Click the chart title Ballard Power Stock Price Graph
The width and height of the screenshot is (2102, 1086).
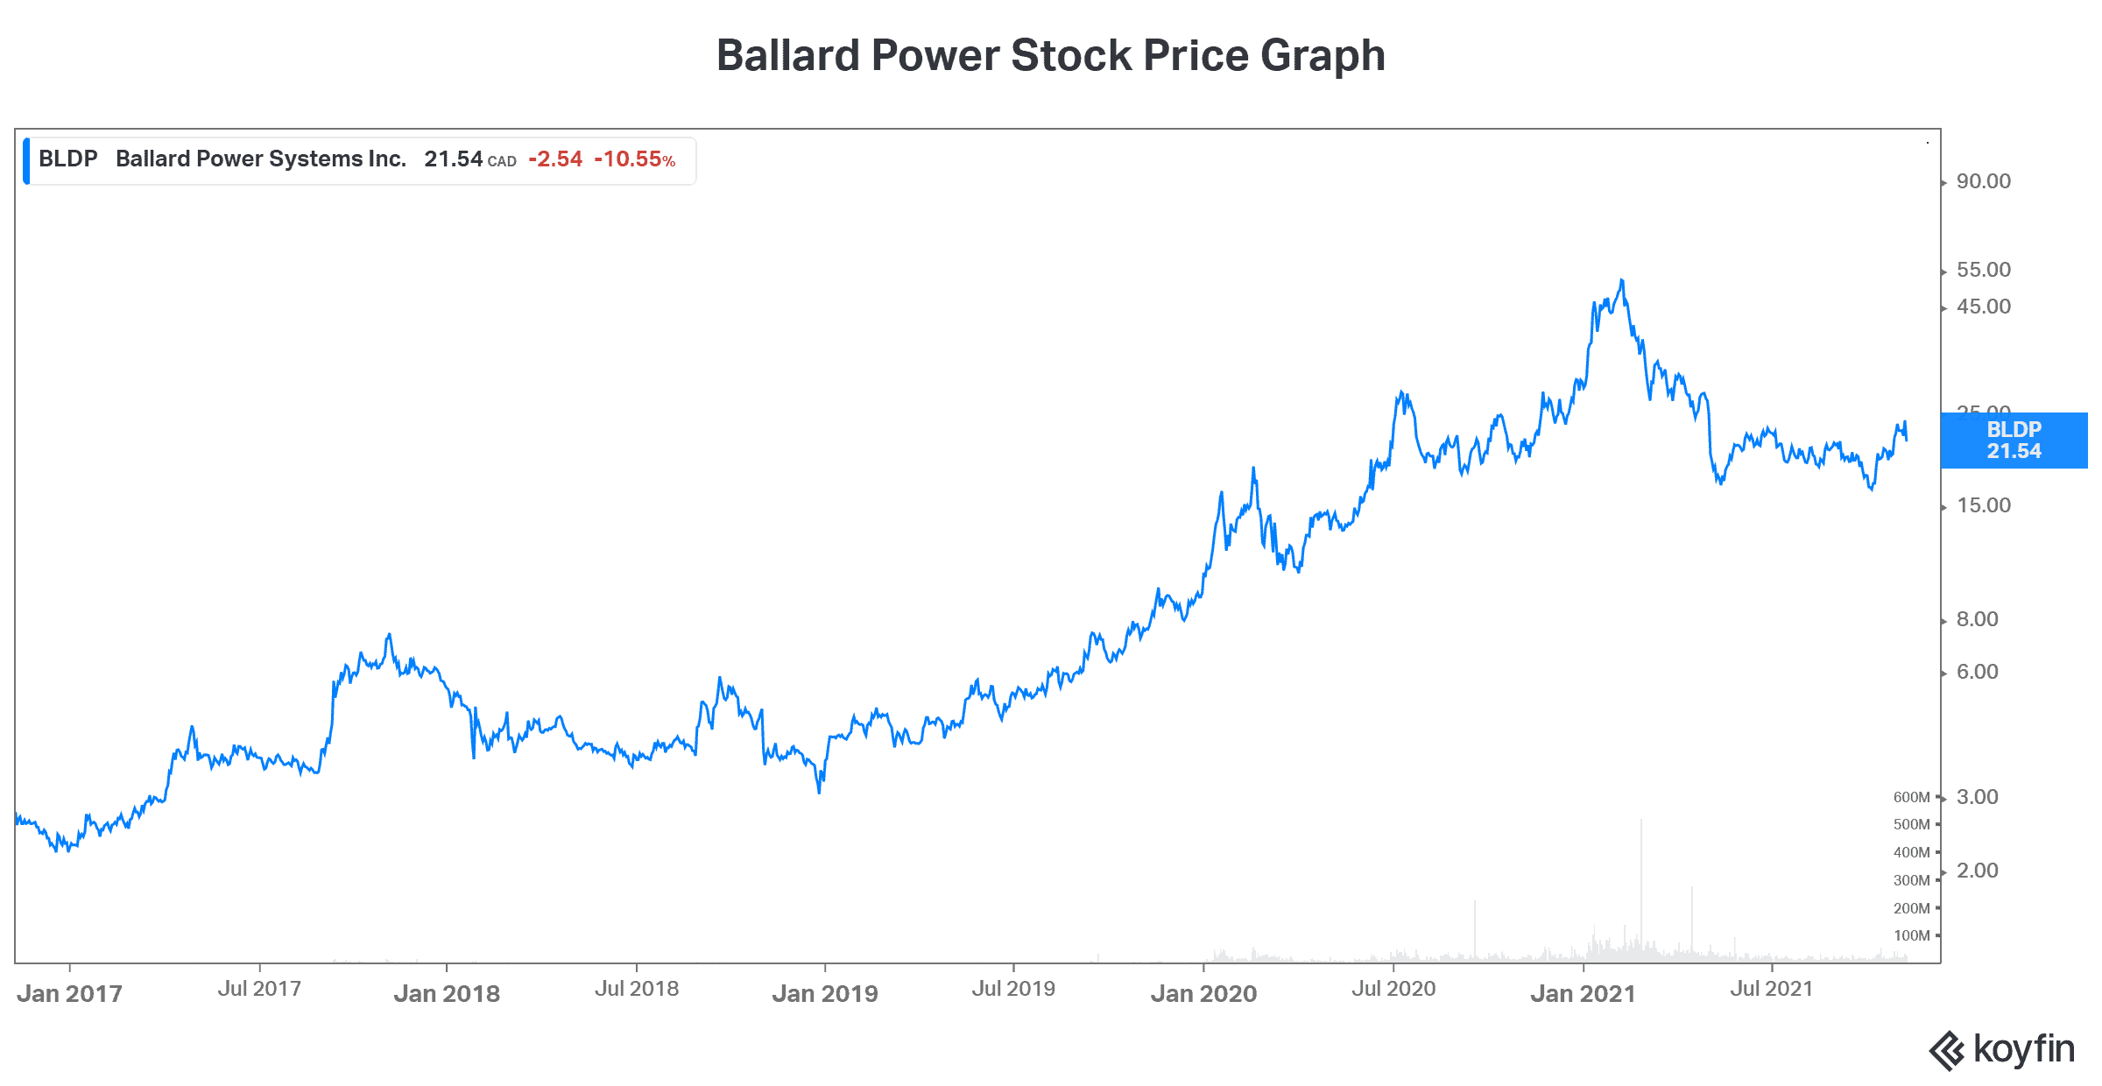(1050, 55)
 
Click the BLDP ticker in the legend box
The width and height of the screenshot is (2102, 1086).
(67, 159)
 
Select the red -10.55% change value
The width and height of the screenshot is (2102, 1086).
(634, 159)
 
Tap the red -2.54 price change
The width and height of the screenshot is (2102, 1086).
(555, 159)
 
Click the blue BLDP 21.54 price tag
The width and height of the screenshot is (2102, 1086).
(2013, 441)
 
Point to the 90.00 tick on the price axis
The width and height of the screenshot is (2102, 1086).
(1983, 181)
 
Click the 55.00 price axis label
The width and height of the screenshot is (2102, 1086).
(1983, 270)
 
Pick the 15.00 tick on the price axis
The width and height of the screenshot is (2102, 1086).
(1983, 505)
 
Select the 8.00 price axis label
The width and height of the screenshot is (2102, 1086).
(1977, 619)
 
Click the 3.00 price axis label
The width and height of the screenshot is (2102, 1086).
(1977, 797)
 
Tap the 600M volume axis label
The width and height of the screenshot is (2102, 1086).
(1911, 797)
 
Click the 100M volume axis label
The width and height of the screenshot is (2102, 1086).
(1911, 935)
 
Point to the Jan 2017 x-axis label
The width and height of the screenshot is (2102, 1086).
(69, 993)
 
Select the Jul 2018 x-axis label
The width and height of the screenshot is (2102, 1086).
(637, 989)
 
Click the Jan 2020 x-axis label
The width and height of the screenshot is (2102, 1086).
(1203, 993)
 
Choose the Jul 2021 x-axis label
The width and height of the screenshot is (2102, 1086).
(1771, 989)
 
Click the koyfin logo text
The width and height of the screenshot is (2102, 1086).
(2023, 1048)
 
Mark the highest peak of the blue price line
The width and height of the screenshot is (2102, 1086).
(1622, 280)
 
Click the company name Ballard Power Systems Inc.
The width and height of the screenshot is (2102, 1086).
(261, 159)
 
